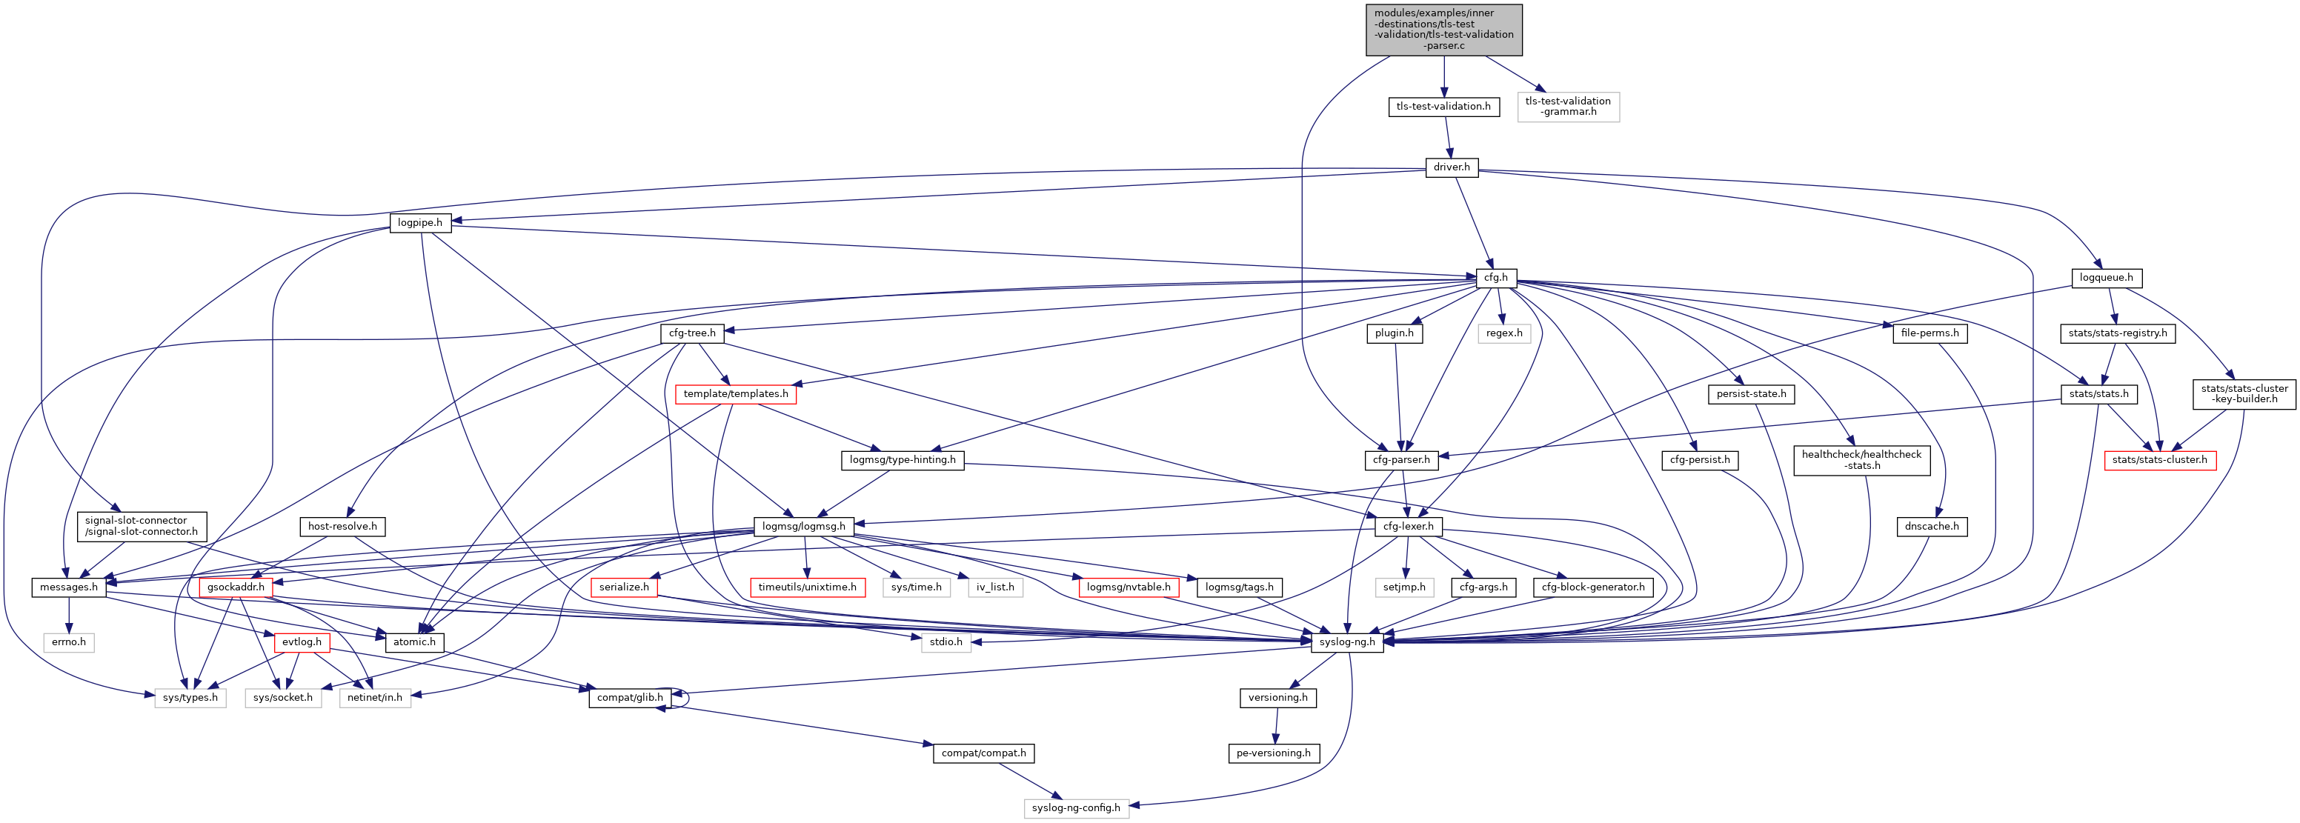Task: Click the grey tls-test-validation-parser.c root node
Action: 1443,30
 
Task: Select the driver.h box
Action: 1451,167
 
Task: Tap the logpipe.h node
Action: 419,222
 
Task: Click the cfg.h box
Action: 1495,278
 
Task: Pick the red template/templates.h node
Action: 735,393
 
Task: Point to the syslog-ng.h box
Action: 1347,642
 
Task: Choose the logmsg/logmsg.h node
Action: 803,527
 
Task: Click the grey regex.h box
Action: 1503,333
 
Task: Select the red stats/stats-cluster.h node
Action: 2160,460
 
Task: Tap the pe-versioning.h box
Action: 1273,753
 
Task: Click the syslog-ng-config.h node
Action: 1075,808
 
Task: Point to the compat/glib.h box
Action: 630,697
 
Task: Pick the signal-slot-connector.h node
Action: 136,526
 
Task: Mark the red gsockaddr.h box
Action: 236,587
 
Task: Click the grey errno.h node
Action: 69,642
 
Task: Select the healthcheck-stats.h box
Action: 1861,460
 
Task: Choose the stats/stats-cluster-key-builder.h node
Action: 2244,393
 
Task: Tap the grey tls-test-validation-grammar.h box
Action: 1568,106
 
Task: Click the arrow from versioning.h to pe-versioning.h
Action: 1276,724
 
